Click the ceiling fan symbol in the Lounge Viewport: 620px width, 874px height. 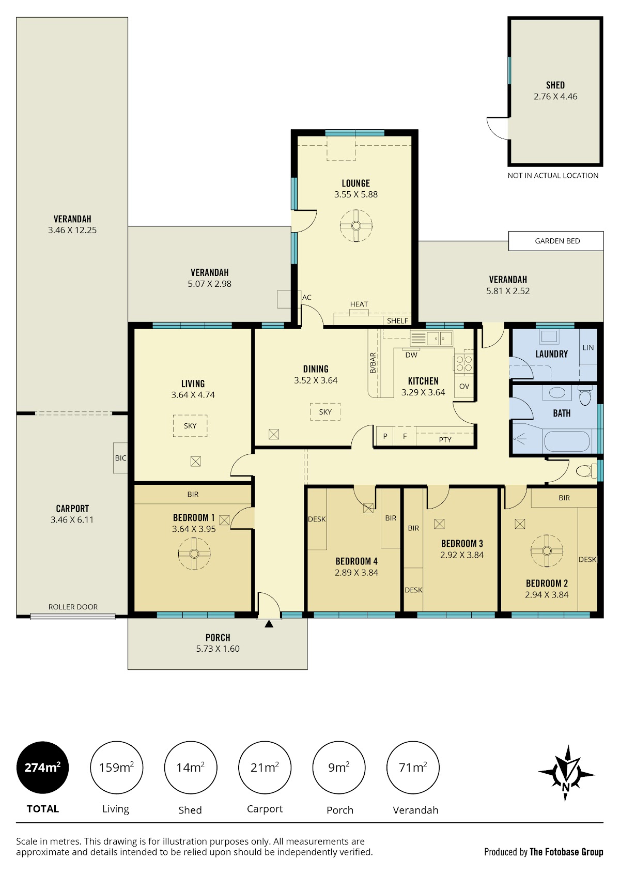pos(356,225)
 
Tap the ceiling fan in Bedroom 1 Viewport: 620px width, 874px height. pos(194,553)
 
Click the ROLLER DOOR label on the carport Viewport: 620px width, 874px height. pos(73,607)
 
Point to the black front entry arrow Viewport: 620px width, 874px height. pos(269,624)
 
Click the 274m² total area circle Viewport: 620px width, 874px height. pos(42,768)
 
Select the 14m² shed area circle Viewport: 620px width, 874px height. pos(191,768)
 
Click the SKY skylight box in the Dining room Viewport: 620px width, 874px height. pos(325,412)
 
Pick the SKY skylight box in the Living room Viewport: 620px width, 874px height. pos(190,426)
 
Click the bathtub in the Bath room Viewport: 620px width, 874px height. pos(567,441)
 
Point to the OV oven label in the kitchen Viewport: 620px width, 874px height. pos(464,386)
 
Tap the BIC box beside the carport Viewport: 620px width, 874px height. pos(120,458)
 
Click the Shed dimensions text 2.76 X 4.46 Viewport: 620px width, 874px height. pos(555,96)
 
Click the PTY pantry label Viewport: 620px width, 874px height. pos(445,440)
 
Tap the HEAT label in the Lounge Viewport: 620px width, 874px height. pos(359,304)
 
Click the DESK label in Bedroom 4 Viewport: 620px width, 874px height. pos(317,519)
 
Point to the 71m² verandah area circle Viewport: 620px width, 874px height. pos(413,768)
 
